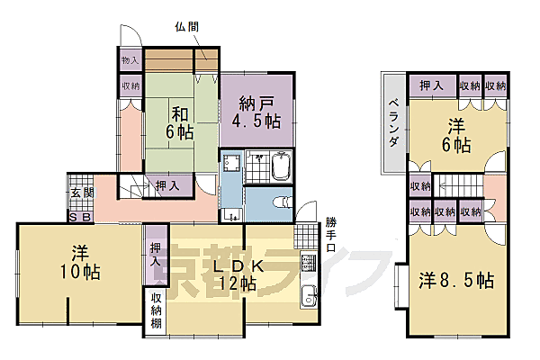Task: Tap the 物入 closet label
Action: tap(130, 61)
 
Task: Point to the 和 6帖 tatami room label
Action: tap(179, 121)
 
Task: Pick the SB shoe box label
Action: tap(78, 217)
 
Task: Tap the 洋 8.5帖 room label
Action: tap(455, 280)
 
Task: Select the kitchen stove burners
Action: tap(309, 265)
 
